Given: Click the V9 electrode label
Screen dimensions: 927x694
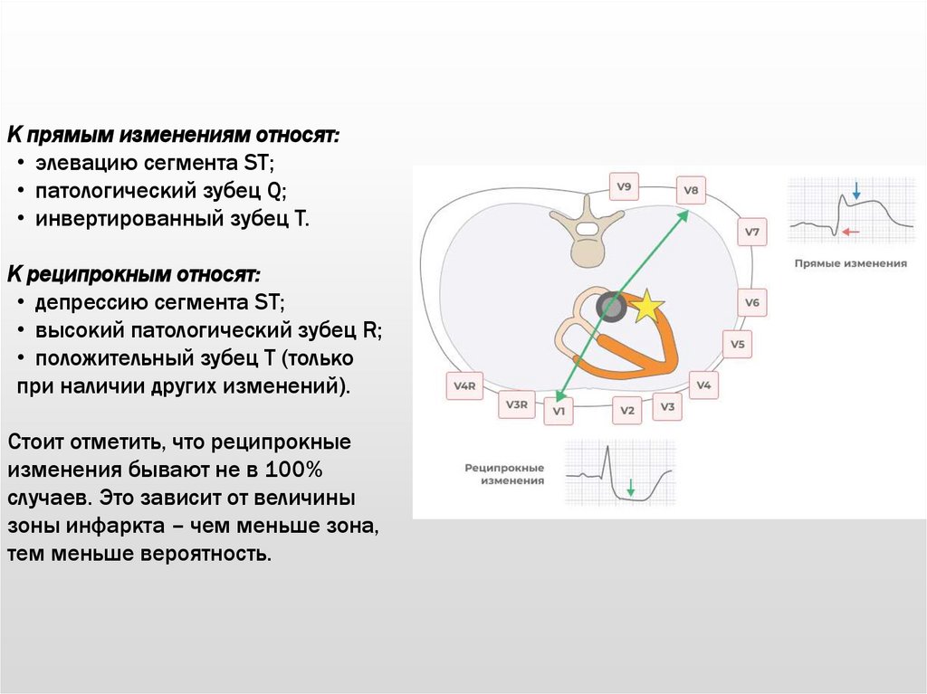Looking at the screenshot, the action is (624, 188).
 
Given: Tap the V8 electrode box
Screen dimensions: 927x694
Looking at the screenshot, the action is (691, 191).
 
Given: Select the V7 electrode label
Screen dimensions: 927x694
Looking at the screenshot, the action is (752, 233).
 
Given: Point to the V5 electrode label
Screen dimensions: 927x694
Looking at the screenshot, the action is (738, 345).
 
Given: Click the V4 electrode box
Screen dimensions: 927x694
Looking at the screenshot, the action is (703, 385).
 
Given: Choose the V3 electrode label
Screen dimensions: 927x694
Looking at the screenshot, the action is (667, 407).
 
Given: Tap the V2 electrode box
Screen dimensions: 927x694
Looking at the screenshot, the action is (626, 411).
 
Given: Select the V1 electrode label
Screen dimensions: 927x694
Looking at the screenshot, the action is (559, 412).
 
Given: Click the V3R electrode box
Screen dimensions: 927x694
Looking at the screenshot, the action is (516, 404).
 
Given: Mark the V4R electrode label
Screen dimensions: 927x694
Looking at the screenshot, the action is (464, 386).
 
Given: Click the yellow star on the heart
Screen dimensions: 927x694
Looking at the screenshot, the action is (647, 307).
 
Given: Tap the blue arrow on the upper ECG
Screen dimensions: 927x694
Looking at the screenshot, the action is (855, 189).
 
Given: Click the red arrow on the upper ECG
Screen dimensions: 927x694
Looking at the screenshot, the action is (849, 232).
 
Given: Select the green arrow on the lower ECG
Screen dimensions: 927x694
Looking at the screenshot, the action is (631, 491).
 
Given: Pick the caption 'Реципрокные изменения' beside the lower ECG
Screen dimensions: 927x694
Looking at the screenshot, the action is (504, 474).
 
